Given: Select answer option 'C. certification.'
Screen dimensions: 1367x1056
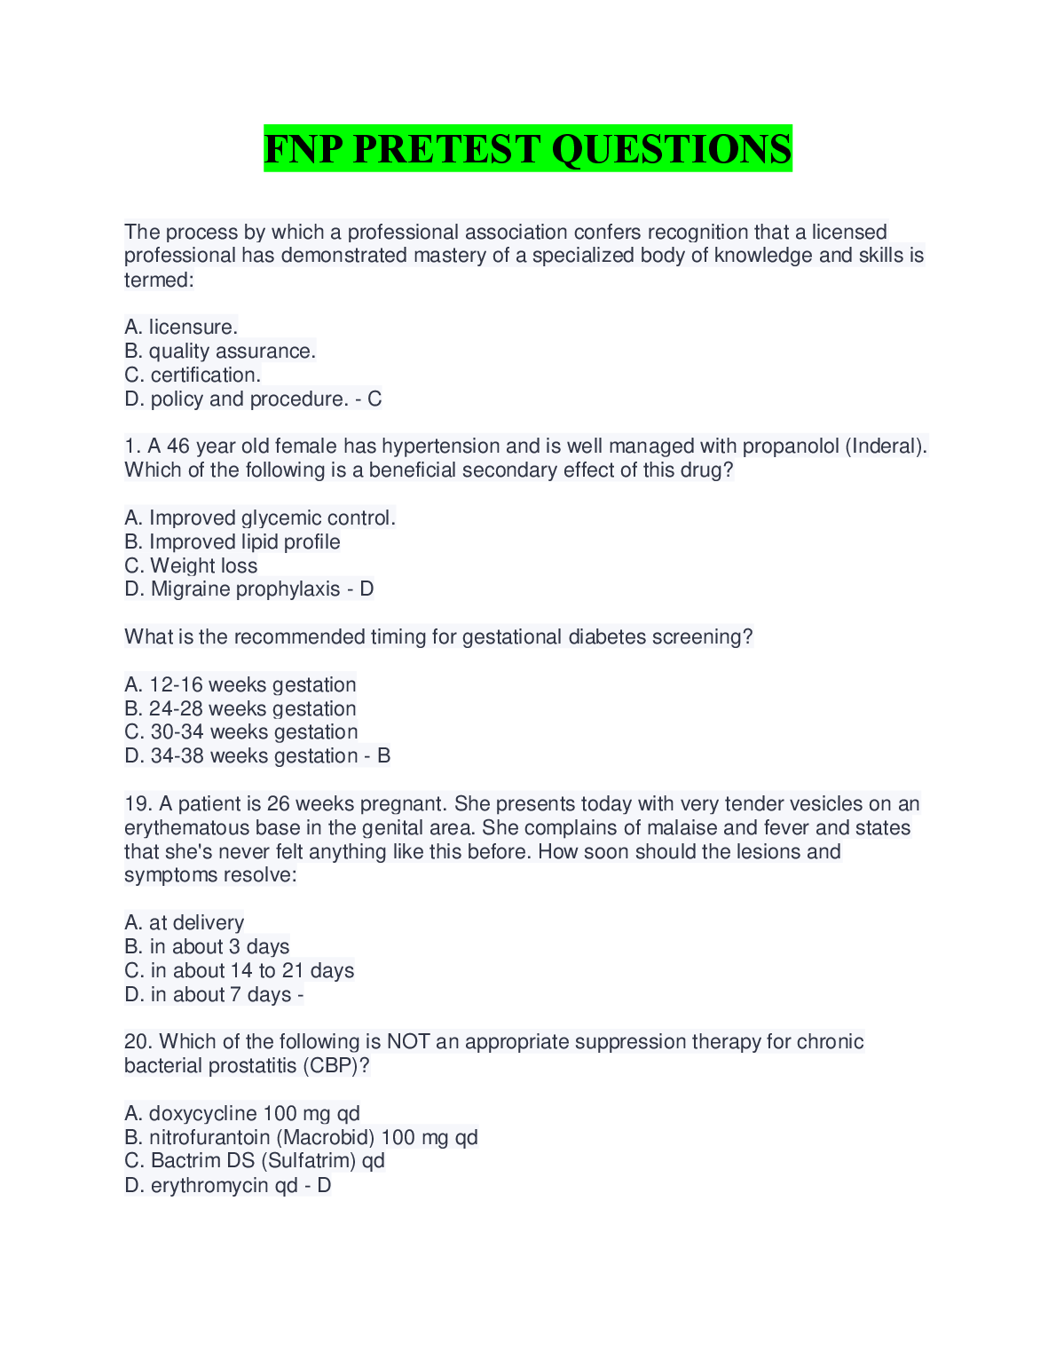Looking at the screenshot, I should (193, 375).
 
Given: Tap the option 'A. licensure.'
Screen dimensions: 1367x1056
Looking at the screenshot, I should (181, 327).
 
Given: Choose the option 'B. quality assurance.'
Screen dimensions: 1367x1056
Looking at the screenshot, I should (220, 351).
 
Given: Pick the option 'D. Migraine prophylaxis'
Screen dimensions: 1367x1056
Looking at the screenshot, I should (232, 589).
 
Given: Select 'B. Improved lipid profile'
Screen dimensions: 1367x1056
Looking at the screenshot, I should (232, 541).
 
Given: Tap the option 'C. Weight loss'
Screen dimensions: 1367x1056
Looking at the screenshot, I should (191, 565).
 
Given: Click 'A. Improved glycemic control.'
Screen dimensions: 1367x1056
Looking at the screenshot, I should (260, 518).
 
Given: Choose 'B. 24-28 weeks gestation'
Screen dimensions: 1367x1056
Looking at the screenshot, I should (240, 708).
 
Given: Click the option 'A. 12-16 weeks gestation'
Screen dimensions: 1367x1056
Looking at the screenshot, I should (240, 684).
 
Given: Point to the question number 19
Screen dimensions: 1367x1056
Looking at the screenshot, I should (138, 803).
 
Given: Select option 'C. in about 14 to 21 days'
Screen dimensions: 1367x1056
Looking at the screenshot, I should (240, 970).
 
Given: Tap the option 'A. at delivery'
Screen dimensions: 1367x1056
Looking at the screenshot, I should (185, 922).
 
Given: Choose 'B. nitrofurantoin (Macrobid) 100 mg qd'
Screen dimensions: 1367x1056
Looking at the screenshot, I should (301, 1137).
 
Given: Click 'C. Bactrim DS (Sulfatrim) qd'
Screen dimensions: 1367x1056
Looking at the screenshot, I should (255, 1160).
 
